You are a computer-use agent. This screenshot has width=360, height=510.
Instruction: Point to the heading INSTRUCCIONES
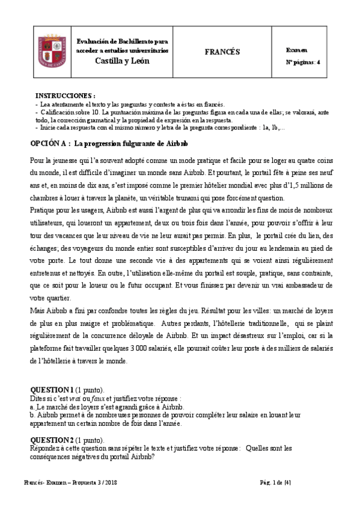point(65,96)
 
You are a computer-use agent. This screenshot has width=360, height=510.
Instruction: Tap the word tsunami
point(206,198)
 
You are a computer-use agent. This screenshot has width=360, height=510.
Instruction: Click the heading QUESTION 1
point(52,389)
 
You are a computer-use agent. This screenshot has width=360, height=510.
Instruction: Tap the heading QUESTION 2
point(52,439)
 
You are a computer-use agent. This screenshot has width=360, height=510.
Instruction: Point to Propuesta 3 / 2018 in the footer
point(97,483)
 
